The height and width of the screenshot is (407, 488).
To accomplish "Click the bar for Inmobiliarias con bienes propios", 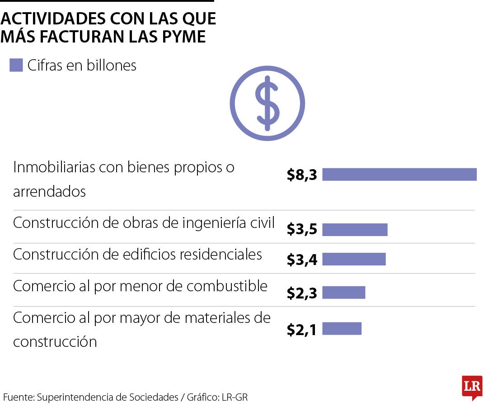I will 399,175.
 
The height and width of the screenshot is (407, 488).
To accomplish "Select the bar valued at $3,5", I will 355,230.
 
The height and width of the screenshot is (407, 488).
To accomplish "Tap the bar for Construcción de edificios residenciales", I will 354,259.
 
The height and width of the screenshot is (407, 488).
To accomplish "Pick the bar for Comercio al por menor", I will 343,293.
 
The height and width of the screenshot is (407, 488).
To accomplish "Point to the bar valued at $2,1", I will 342,329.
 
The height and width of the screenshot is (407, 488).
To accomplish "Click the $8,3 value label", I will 302,175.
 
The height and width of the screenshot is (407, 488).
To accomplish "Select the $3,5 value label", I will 302,230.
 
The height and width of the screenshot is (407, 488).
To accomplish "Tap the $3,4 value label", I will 302,260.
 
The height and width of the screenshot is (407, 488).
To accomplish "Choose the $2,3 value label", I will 302,293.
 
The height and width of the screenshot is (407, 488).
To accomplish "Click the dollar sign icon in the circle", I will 267,103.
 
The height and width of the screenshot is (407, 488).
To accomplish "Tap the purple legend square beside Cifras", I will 16,66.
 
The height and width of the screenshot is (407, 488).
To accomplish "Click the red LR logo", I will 472,387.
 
